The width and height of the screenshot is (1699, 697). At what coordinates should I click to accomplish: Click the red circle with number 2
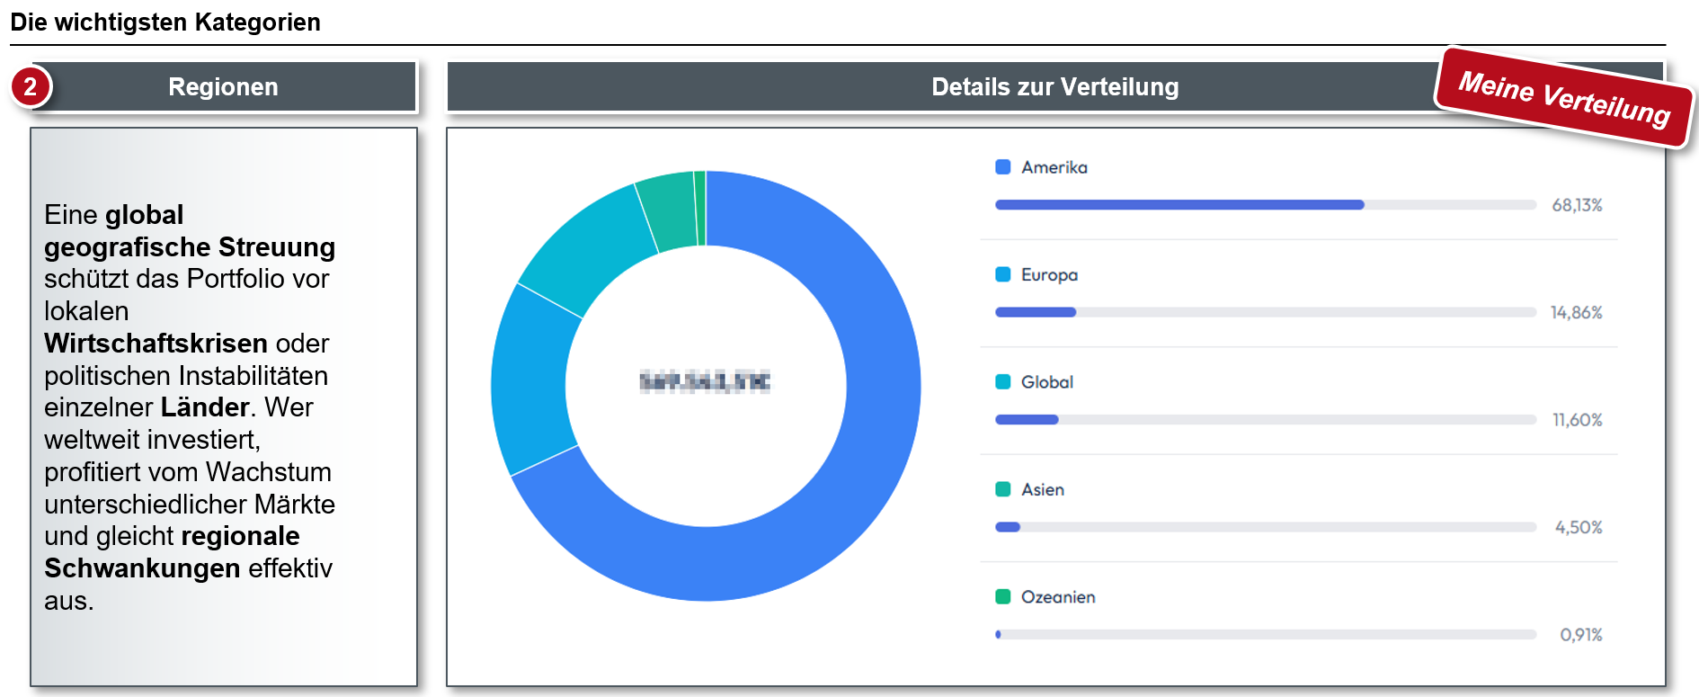(x=31, y=86)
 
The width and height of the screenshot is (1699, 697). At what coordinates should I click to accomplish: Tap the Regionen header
(x=224, y=86)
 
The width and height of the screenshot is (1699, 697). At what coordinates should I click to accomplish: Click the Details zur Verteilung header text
(x=1054, y=86)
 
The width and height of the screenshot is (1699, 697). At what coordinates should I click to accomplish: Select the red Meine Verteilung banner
(x=1564, y=97)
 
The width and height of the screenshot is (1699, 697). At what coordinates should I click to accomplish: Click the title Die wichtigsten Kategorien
(x=165, y=22)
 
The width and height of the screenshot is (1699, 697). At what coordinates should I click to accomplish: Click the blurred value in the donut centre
(x=705, y=382)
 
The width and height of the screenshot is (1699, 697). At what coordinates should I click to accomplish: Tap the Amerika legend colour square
(x=1003, y=167)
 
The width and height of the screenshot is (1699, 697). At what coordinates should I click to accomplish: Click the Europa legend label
(x=1049, y=274)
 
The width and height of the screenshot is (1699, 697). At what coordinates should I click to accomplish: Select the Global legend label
(x=1047, y=382)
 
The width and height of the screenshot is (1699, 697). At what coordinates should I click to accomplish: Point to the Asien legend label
(x=1043, y=489)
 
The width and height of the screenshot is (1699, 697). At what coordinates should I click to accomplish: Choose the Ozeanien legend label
(x=1058, y=597)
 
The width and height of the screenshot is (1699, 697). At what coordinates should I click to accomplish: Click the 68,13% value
(x=1577, y=205)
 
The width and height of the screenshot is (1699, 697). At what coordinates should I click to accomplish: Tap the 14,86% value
(x=1576, y=312)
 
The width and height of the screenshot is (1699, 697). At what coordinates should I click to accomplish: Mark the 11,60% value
(x=1577, y=420)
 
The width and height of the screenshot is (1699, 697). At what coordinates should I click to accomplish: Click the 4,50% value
(x=1579, y=527)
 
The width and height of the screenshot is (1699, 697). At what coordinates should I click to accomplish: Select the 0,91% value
(x=1580, y=635)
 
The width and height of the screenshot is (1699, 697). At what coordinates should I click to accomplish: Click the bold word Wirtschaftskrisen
(x=156, y=344)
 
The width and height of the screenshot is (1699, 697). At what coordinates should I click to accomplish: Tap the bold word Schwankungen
(x=142, y=568)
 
